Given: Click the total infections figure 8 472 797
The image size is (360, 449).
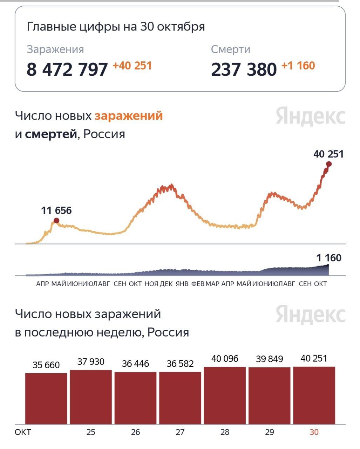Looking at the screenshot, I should click(x=67, y=69).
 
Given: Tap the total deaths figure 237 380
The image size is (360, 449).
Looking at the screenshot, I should click(x=244, y=69).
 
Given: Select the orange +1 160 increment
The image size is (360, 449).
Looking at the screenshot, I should click(x=298, y=66).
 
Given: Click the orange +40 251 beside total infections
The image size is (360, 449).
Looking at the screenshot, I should click(x=132, y=66).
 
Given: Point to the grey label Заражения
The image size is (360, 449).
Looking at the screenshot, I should click(x=55, y=49).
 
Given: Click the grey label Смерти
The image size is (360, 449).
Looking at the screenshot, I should click(x=230, y=49).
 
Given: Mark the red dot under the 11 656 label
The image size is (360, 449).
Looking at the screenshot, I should click(x=56, y=221).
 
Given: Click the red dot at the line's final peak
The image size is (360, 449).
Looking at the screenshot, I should click(x=329, y=164).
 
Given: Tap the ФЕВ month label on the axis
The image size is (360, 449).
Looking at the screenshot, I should click(x=198, y=284).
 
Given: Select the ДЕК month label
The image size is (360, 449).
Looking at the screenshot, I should click(x=166, y=284).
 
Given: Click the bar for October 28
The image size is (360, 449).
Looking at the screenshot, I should click(x=225, y=395).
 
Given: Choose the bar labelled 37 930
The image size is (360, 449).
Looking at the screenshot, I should click(x=91, y=397).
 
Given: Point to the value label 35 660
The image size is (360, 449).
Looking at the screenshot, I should click(x=46, y=365).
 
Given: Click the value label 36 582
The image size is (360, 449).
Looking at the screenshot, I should click(x=180, y=364).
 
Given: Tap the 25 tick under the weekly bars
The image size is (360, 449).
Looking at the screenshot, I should click(x=91, y=432).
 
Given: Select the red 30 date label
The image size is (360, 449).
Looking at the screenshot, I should click(x=314, y=432).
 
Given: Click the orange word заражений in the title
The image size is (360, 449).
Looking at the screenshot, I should click(x=129, y=116).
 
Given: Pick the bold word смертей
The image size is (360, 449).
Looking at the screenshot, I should click(x=51, y=134).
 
